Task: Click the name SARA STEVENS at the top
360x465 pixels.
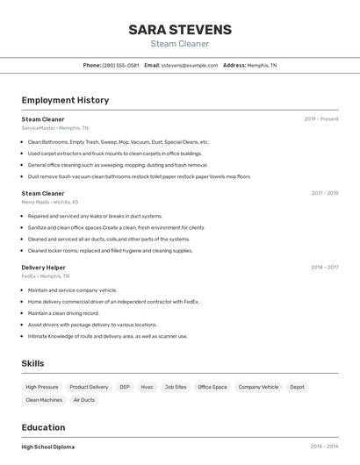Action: coord(179,29)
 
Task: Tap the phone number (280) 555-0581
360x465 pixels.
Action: coord(120,65)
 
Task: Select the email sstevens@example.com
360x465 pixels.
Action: coord(190,65)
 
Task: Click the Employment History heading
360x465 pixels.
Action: coord(65,100)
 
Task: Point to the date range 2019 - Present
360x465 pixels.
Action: coord(320,118)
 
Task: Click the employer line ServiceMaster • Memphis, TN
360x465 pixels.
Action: coord(54,128)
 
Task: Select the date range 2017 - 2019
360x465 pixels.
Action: coord(324,193)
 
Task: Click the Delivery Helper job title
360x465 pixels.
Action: coord(43,268)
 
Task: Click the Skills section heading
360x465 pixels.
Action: coord(32,363)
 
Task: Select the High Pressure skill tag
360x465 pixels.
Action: coord(42,387)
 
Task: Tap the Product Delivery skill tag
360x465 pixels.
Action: coord(89,387)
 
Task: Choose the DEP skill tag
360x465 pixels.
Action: coord(125,387)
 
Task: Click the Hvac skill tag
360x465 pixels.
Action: coord(147,387)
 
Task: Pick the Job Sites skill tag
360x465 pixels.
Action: coord(176,387)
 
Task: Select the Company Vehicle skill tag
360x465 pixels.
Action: coord(258,387)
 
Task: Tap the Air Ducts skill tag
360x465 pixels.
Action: coord(84,400)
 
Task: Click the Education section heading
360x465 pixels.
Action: coord(44,427)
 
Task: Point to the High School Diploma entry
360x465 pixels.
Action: coord(47,447)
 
